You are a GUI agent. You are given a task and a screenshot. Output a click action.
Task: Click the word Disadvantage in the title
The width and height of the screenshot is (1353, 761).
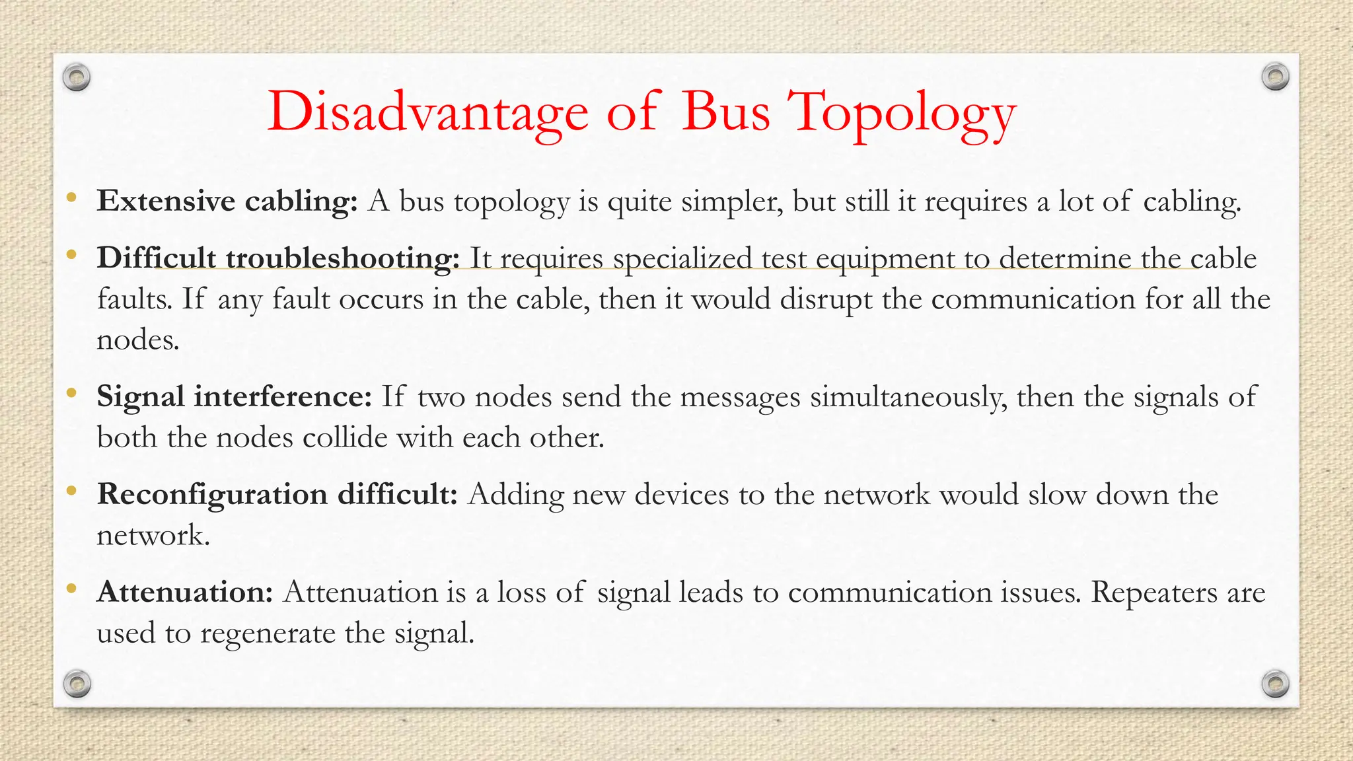click(427, 112)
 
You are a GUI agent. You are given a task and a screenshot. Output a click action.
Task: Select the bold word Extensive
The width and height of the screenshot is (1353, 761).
click(166, 201)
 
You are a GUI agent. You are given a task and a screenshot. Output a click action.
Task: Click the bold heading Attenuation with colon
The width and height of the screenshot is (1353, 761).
click(185, 592)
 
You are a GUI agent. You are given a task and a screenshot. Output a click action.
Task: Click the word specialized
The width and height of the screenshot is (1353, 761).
click(682, 258)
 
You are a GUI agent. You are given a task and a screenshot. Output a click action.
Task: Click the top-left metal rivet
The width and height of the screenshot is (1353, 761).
click(77, 78)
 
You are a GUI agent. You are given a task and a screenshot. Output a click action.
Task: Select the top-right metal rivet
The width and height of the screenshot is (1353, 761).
click(1275, 77)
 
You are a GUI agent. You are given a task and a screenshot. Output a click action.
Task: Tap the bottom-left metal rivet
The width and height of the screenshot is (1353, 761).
click(77, 684)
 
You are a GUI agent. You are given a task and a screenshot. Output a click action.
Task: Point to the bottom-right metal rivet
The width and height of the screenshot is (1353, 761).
click(1275, 684)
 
